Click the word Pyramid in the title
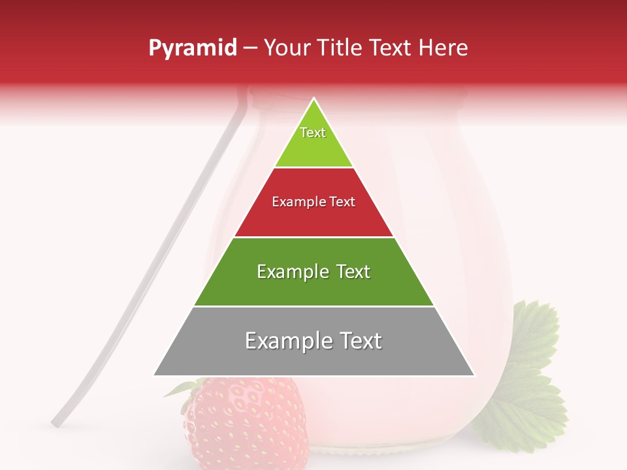coord(193,48)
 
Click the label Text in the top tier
coord(313,133)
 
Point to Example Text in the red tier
coord(313,202)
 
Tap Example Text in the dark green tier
coord(313,272)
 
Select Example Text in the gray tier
coord(313,341)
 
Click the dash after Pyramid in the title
coord(250,48)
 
